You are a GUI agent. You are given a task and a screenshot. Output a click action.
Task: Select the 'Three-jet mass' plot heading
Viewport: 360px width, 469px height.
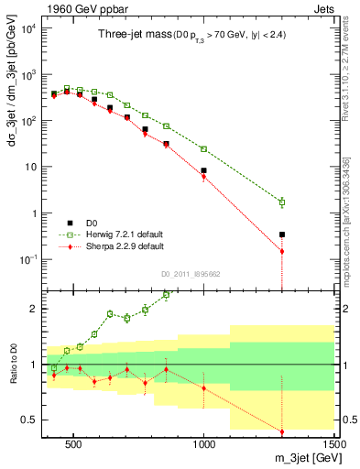[131, 35]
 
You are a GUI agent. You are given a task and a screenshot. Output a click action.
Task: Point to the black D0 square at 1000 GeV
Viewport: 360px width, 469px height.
[203, 170]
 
